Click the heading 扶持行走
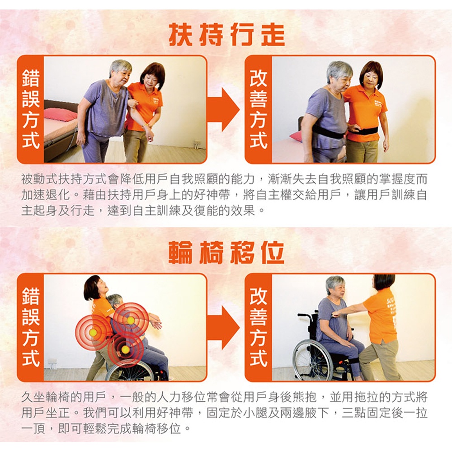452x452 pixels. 226,34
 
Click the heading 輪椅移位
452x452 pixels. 226,253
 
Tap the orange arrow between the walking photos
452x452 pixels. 223,109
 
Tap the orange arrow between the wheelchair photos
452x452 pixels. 223,328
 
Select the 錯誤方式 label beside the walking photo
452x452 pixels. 31,109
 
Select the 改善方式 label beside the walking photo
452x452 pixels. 258,109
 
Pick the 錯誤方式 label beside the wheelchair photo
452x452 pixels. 31,327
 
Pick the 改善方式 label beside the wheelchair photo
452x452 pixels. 258,327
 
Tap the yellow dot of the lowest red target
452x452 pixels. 125,349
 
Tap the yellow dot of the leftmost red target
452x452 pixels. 93,333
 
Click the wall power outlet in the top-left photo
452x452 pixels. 197,143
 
